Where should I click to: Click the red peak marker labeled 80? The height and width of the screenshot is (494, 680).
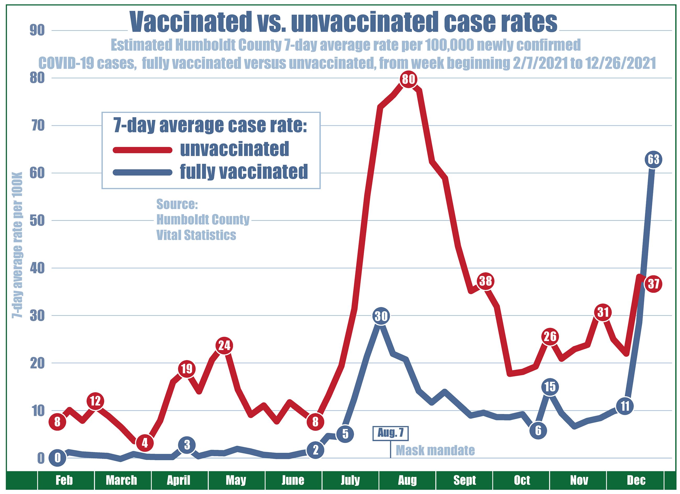408,80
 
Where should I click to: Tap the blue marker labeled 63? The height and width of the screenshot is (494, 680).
654,160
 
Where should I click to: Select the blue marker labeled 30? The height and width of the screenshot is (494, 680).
381,316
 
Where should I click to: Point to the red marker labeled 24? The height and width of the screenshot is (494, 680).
224,346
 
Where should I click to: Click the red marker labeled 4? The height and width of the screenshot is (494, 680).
145,443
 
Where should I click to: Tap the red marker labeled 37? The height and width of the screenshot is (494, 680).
654,283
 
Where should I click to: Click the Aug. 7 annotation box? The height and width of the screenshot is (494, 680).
390,433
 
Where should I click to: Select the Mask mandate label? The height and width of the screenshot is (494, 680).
435,450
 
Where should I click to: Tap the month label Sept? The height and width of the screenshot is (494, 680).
464,480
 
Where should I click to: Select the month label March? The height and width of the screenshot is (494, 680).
121,480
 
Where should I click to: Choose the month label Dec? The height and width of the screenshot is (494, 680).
636,480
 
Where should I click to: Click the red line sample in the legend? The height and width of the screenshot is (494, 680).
143,150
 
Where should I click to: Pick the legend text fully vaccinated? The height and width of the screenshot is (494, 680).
244,172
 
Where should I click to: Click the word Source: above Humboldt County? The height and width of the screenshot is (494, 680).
177,204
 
